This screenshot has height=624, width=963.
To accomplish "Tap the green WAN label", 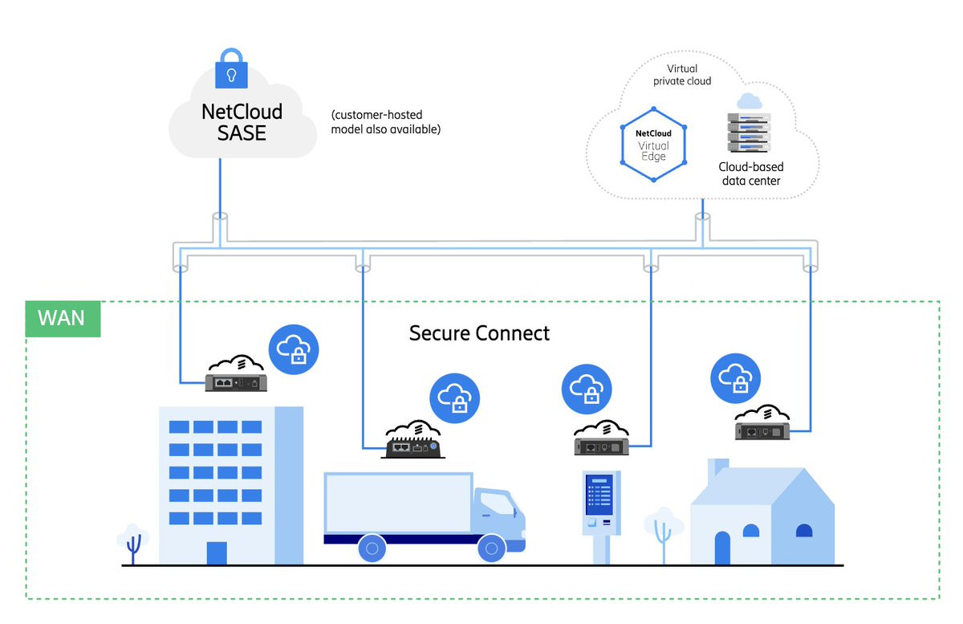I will click(62, 318).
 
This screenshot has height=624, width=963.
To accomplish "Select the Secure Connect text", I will click(479, 333).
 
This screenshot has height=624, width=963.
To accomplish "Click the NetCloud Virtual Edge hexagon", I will click(653, 145).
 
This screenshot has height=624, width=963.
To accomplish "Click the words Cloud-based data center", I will click(750, 173).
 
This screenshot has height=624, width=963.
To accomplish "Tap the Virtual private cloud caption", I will click(682, 75).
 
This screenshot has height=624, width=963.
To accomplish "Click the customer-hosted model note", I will click(385, 122).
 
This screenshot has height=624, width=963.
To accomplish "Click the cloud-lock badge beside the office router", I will click(294, 349).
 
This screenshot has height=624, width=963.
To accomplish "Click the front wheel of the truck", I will click(490, 549).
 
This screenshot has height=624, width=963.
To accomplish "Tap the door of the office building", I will click(216, 553).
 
